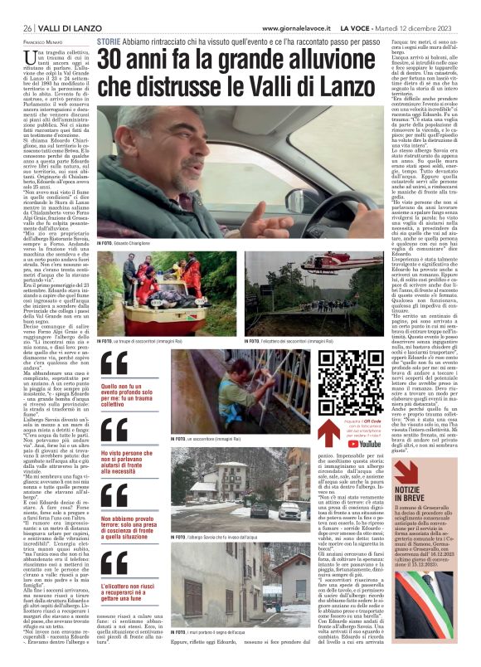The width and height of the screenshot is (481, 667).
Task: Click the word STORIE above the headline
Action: pos(111,40)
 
